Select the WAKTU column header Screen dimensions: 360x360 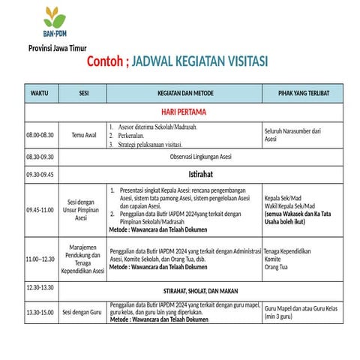coord(39,94)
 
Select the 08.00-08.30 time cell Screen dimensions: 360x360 coord(40,135)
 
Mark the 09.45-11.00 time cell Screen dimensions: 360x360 coord(40,209)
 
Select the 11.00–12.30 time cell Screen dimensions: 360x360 coord(40,259)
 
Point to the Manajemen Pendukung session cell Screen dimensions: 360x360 coord(85,259)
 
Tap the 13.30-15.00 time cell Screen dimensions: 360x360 coord(40,312)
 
